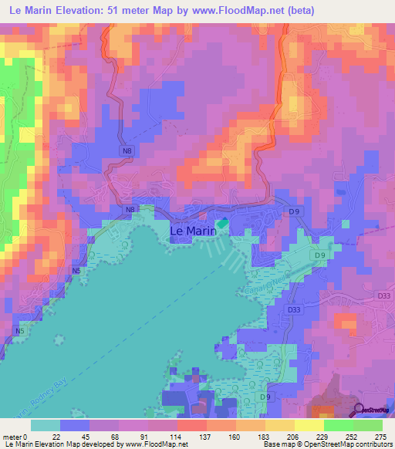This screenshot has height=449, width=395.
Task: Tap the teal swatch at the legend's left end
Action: pos(46,425)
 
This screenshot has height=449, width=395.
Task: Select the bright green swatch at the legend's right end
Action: pos(368,425)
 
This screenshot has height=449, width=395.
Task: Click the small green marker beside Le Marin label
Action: pos(222,224)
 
